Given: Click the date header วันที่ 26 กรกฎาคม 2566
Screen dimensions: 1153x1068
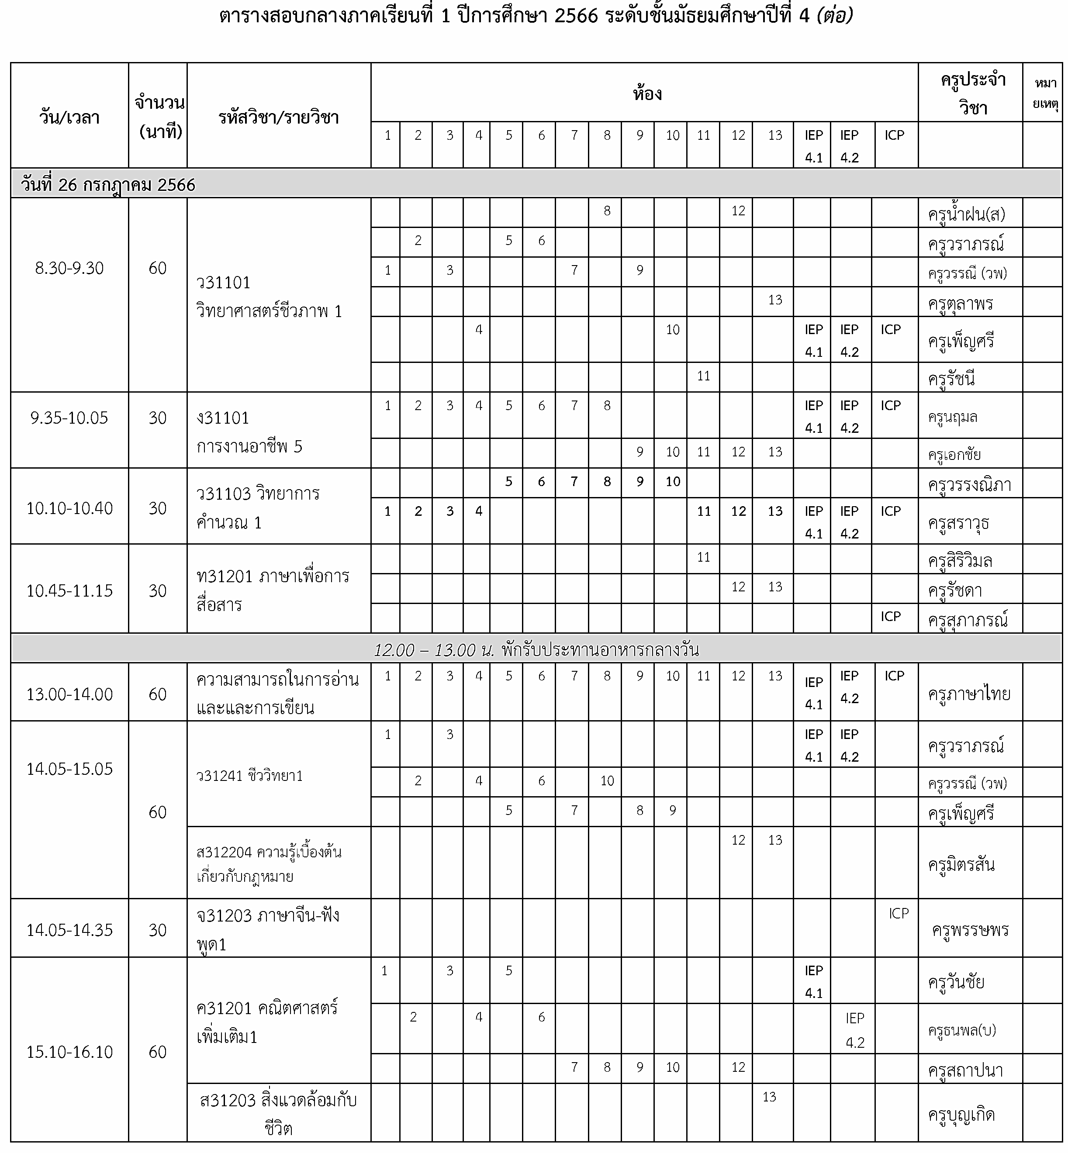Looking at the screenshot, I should [108, 185].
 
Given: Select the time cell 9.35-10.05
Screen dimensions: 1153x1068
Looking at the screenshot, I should [69, 418].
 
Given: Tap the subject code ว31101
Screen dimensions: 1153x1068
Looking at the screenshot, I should [223, 283].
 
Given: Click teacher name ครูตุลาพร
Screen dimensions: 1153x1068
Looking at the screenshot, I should [961, 303].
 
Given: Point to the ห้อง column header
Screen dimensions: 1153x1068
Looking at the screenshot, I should [646, 93].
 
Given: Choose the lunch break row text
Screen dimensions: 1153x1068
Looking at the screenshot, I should [536, 650].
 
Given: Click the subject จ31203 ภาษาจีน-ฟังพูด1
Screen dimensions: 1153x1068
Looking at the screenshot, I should [268, 929].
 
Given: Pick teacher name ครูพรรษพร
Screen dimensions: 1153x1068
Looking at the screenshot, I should [970, 930].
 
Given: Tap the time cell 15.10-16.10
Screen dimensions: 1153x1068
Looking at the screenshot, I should [69, 1052].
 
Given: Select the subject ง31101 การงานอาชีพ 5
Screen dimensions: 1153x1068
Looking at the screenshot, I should [249, 432].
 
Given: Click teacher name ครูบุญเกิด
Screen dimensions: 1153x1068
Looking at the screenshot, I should [961, 1114].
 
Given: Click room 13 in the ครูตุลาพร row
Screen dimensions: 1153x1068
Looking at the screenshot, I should [775, 300].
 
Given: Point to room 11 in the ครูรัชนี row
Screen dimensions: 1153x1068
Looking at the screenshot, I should [703, 376].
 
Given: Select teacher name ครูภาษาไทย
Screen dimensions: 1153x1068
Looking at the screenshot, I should [969, 694].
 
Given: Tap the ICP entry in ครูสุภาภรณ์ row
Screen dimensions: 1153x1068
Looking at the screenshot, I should [891, 617].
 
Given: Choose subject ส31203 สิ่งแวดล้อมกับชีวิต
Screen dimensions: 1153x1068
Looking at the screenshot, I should [278, 1114].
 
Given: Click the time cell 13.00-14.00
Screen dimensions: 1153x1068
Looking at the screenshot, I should [69, 694].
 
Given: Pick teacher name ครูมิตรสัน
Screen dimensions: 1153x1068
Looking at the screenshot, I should [961, 865].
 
